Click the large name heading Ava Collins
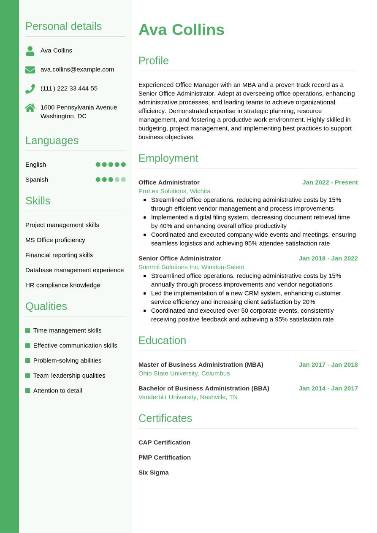point(181,30)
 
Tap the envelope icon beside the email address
point(30,70)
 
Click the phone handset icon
point(30,89)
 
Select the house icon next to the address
point(30,108)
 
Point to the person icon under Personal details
point(30,51)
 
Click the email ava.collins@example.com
point(77,69)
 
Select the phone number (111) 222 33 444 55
point(69,88)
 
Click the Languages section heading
point(52,140)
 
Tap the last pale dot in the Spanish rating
point(123,179)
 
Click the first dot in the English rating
point(98,165)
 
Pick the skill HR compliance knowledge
point(62,285)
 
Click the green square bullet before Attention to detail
point(28,390)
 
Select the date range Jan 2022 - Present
point(330,182)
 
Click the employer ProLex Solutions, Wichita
point(174,191)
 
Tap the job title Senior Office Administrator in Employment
point(179,258)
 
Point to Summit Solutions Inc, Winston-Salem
point(191,267)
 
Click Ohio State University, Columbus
point(184,373)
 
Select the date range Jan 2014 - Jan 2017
point(328,388)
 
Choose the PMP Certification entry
point(164,457)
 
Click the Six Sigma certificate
point(153,472)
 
